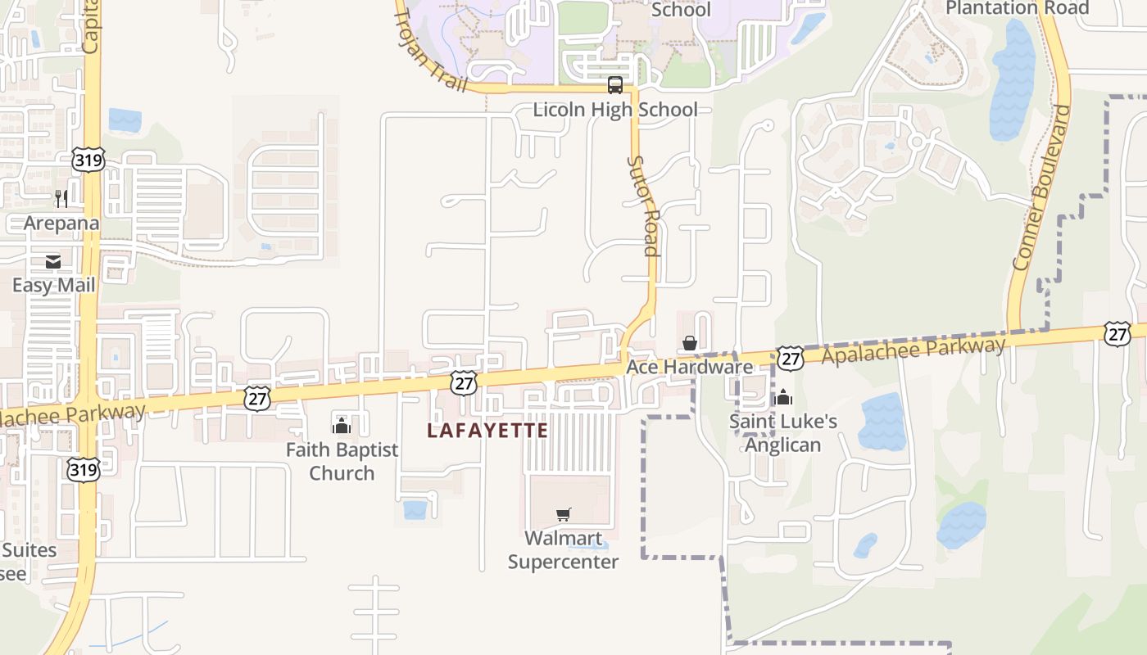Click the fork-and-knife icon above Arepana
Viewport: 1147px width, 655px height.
tap(61, 198)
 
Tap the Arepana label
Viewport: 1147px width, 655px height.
tap(61, 223)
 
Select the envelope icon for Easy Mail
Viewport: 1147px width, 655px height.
tap(53, 262)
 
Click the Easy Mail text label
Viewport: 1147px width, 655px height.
tap(53, 285)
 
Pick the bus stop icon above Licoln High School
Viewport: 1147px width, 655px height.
tap(615, 85)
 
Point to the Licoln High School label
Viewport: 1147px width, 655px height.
tap(615, 109)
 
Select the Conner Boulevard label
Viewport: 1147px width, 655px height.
tap(1042, 187)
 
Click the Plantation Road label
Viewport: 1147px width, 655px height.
tap(1017, 8)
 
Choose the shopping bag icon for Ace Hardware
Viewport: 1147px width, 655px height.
tap(690, 343)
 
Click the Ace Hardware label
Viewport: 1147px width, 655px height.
tap(689, 367)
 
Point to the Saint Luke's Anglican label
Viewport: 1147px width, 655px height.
tap(783, 432)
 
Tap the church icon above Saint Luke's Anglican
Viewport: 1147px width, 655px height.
tap(784, 397)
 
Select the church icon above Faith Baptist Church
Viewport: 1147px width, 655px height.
tap(342, 426)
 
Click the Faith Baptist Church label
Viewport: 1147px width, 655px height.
tap(342, 461)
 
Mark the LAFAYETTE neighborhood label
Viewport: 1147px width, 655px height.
tap(487, 430)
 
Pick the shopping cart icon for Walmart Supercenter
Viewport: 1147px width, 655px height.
tap(563, 514)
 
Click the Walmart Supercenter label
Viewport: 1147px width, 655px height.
tap(563, 549)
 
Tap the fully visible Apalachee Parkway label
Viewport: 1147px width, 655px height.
tap(913, 350)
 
